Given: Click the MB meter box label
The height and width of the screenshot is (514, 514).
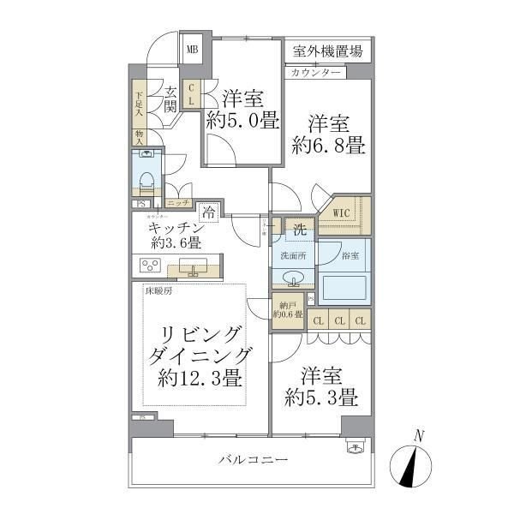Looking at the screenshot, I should coord(193,50).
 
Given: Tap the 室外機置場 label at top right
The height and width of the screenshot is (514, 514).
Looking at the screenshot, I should coord(326,51).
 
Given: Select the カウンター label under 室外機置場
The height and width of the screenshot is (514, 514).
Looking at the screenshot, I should coord(316,73).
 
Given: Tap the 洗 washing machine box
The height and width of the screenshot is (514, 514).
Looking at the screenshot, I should coord(300,229).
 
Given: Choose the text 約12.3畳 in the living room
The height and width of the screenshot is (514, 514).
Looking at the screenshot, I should coord(198,378).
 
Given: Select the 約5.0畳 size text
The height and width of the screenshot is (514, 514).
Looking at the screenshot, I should coord(242,120).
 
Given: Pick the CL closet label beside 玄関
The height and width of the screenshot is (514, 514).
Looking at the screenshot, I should coord(191,93).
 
